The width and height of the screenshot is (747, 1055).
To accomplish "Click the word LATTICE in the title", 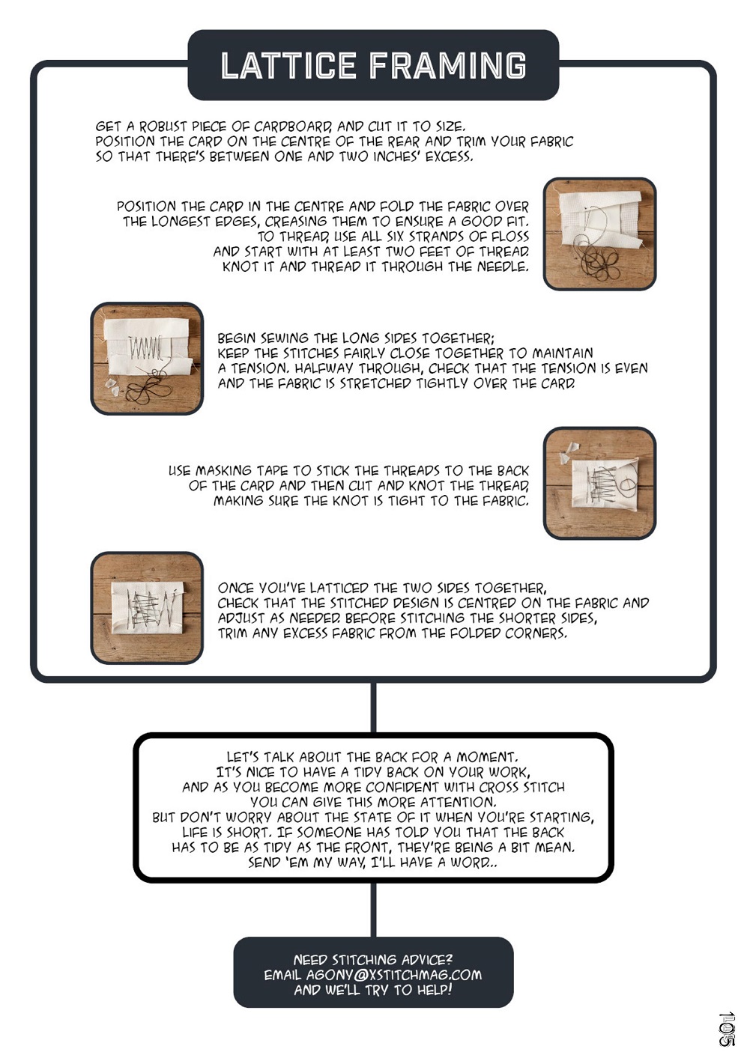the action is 288,65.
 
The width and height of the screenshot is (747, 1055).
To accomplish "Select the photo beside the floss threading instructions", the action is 599,234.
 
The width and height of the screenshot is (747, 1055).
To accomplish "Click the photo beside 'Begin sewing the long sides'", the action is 147,359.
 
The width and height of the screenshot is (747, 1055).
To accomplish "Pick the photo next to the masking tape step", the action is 599,483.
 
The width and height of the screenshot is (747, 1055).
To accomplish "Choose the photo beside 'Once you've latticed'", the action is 147,607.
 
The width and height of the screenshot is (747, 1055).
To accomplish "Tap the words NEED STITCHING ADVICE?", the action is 373,959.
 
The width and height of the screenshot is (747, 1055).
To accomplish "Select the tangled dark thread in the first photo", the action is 604,261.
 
